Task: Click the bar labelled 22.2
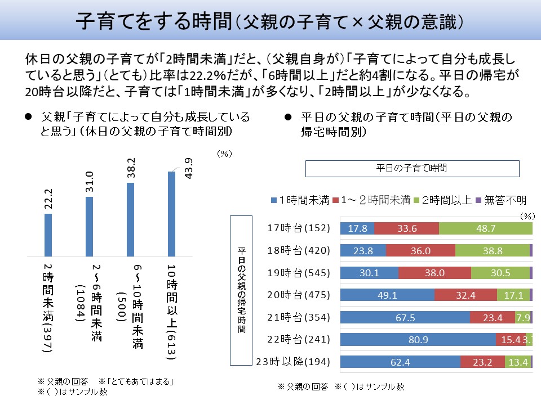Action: tap(48, 234)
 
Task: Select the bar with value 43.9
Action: tap(172, 213)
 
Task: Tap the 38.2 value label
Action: tap(130, 169)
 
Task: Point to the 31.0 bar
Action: tap(89, 226)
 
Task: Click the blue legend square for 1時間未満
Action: tap(274, 200)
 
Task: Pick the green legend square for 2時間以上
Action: tap(417, 200)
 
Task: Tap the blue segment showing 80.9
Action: tap(418, 339)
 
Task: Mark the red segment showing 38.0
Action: tap(434, 273)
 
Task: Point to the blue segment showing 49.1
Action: tap(388, 295)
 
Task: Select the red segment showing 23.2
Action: tap(482, 361)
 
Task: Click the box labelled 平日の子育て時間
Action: tap(411, 168)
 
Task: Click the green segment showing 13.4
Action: tap(517, 361)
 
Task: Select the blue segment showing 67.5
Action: tap(405, 317)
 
